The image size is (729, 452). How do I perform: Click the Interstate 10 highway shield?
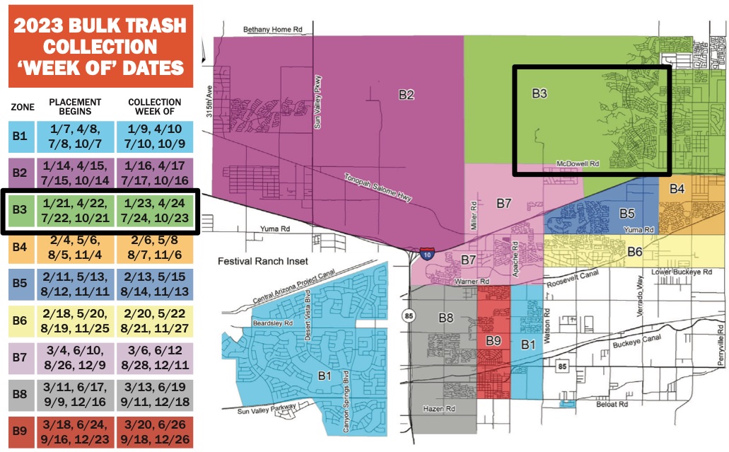427,253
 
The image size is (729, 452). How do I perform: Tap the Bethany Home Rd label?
273,30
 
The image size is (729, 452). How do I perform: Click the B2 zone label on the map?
405,95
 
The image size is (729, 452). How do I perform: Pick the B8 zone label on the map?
445,318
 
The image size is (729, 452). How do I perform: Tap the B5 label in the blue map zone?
626,213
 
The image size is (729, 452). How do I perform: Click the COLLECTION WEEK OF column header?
155,108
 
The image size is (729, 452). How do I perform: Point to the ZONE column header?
19,108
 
